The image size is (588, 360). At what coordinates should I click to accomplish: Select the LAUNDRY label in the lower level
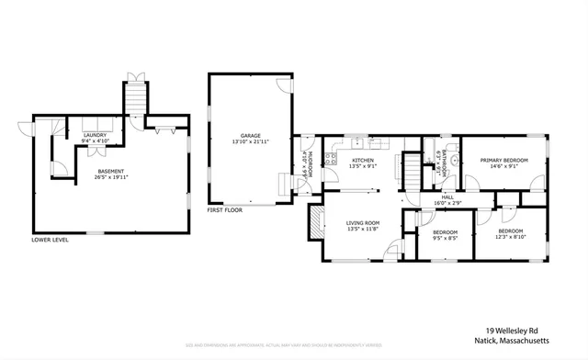pyautogui.click(x=95, y=135)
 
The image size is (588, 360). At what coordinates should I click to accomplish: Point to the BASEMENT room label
pyautogui.click(x=112, y=170)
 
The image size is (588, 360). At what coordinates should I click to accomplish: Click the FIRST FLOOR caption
pyautogui.click(x=226, y=210)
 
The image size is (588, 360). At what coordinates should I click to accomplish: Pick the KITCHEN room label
pyautogui.click(x=362, y=159)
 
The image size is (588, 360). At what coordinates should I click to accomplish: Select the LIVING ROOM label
pyautogui.click(x=363, y=223)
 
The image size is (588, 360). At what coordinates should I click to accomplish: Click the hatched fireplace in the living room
pyautogui.click(x=315, y=222)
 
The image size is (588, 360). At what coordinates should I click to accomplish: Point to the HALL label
pyautogui.click(x=447, y=196)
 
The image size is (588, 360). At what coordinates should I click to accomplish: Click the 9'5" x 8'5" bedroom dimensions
pyautogui.click(x=446, y=238)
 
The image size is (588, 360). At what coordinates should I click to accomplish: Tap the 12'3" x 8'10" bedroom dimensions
pyautogui.click(x=511, y=237)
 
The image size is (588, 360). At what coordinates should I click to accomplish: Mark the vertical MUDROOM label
pyautogui.click(x=311, y=163)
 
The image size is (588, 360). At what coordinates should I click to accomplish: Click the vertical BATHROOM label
pyautogui.click(x=444, y=159)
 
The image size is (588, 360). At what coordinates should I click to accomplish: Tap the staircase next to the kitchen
pyautogui.click(x=413, y=170)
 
